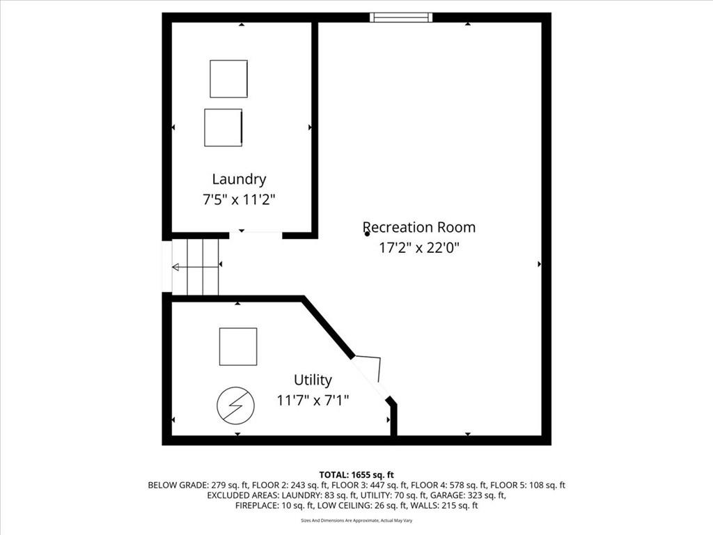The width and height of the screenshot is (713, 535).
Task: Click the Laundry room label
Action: tap(239, 179)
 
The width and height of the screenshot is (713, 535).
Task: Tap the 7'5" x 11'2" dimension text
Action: tap(240, 199)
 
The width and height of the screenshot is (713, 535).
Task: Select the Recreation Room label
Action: tap(418, 227)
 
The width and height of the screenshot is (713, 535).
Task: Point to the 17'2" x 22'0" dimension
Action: tap(419, 248)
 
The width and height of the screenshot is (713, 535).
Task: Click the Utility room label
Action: tap(313, 380)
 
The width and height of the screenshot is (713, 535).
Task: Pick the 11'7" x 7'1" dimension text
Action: tap(313, 401)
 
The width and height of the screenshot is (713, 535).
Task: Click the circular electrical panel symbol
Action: tap(235, 405)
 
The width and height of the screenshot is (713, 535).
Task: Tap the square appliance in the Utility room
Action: tap(238, 347)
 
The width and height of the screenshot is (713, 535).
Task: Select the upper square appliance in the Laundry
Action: tap(228, 79)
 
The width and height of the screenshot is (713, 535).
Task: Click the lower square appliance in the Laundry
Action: tap(224, 127)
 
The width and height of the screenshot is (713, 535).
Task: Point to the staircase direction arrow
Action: tap(195, 267)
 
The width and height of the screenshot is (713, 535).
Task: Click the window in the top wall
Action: tap(400, 17)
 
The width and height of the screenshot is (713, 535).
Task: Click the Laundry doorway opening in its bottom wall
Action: tap(256, 235)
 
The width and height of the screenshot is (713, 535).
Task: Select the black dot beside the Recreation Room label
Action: tap(368, 234)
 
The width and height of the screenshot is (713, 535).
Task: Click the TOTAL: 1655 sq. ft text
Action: tap(356, 475)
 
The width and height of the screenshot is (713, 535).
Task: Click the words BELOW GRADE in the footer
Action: tap(175, 486)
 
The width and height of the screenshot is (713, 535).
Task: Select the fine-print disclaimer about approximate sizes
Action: tap(356, 520)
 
